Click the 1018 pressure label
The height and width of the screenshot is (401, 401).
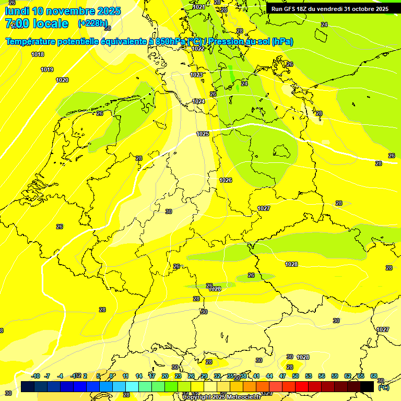[x=38, y=54]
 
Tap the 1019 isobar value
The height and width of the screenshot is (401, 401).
[x=47, y=69]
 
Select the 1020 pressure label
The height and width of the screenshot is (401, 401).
[x=62, y=80]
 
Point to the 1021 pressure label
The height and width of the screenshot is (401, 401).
[x=198, y=7]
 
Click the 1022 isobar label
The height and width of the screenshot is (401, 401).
[x=198, y=49]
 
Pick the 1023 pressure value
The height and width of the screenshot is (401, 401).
[x=196, y=75]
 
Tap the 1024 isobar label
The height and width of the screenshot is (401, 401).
[x=198, y=101]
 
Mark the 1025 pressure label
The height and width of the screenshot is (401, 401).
[x=203, y=134]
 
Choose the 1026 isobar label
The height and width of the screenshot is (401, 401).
[x=226, y=180]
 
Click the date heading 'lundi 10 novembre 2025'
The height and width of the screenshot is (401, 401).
[x=63, y=11]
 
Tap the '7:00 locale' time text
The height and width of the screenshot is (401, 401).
[x=37, y=23]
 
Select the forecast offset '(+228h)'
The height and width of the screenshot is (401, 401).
[x=92, y=23]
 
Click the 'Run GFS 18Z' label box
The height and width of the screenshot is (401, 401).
[x=329, y=9]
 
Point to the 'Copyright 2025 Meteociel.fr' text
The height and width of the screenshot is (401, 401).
[x=221, y=397]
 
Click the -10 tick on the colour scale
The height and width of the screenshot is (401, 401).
[x=36, y=376]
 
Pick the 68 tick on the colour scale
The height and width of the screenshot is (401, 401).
[x=374, y=376]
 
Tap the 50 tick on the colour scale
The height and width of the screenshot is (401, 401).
[x=296, y=376]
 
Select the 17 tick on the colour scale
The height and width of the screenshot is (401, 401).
[x=152, y=376]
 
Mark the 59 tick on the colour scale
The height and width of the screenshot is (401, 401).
[x=335, y=376]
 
